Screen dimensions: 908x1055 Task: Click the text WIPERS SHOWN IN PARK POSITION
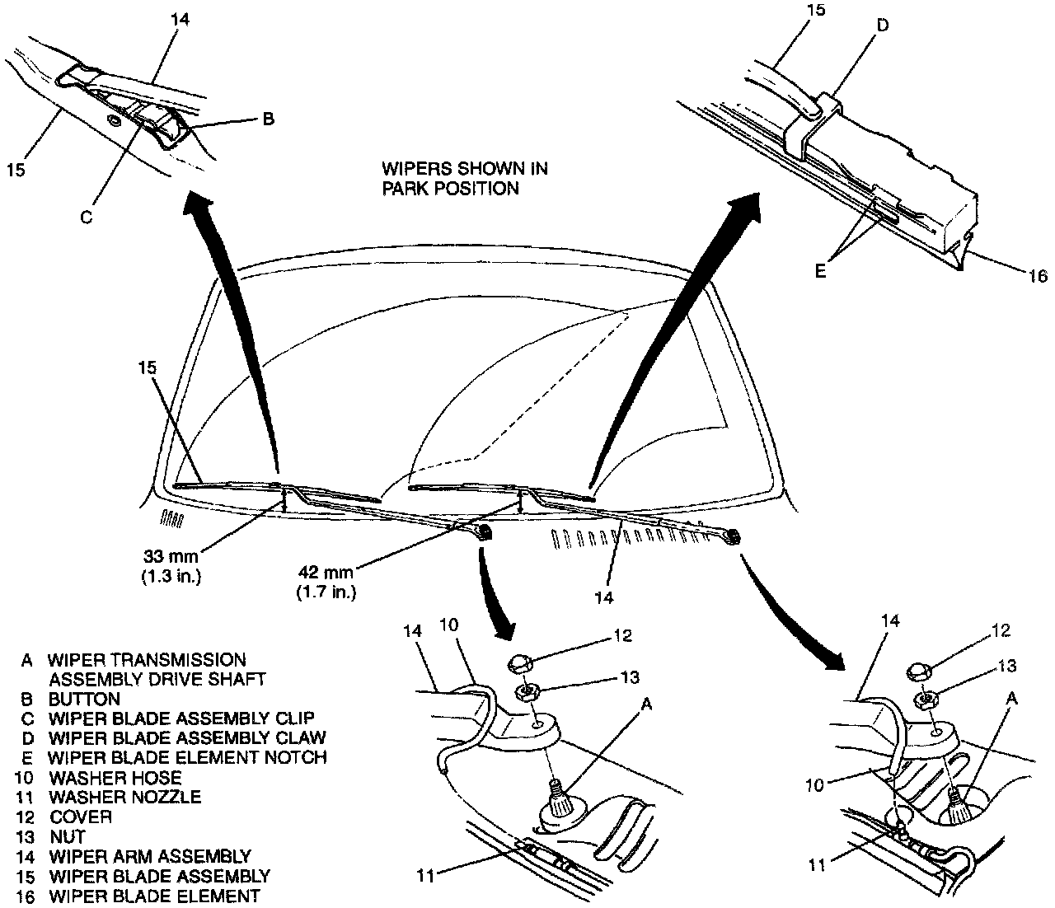tap(464, 178)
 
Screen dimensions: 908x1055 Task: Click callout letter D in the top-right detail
tap(882, 25)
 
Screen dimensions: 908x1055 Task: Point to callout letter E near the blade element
tap(820, 270)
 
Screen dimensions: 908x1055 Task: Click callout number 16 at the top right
tap(1037, 276)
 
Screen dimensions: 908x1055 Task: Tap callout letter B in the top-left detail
tap(267, 119)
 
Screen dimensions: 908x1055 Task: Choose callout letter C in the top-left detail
tap(86, 218)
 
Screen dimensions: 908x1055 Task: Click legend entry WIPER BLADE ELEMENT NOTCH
tap(187, 756)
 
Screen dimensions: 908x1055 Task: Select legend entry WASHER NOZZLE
tap(124, 797)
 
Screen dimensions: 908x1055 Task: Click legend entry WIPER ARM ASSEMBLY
tap(150, 856)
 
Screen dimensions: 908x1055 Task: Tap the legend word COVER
tap(80, 817)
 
